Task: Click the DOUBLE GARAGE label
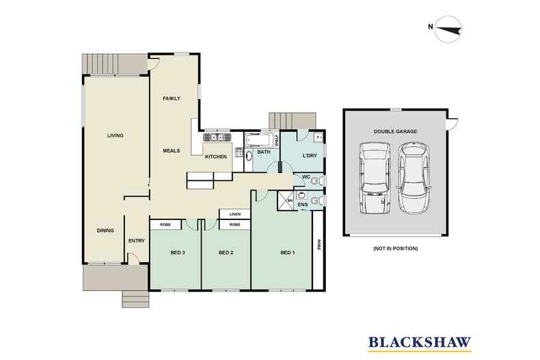pos(395,131)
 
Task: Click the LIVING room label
pos(115,136)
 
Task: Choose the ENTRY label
pos(137,240)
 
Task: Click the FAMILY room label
pos(171,99)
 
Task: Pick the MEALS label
pos(171,150)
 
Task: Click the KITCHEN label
pos(216,157)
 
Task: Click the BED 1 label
pos(288,253)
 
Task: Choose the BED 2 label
pos(226,253)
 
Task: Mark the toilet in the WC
pos(319,180)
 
